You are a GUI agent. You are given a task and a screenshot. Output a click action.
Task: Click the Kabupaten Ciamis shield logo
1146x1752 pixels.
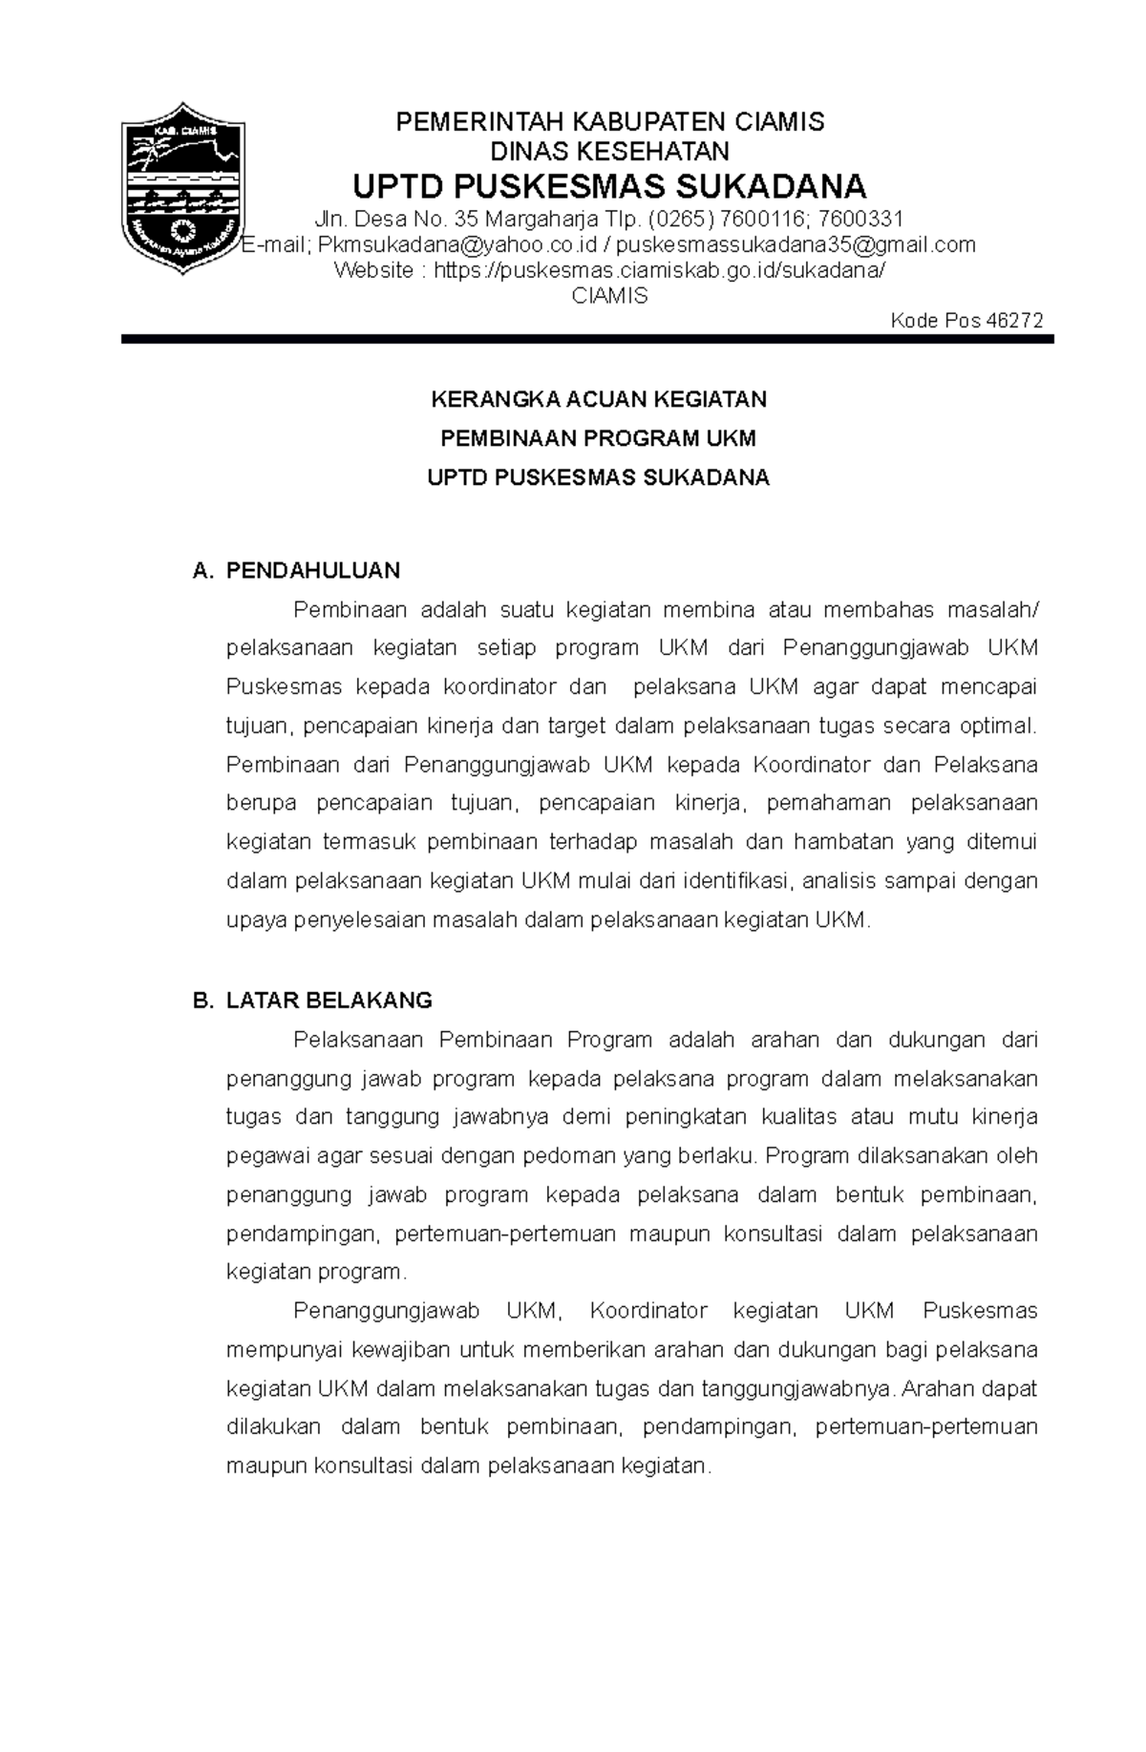pos(182,187)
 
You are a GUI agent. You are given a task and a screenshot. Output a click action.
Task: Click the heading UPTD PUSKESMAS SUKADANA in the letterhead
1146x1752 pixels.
pos(609,185)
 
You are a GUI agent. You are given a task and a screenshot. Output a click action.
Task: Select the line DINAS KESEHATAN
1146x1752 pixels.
pos(609,151)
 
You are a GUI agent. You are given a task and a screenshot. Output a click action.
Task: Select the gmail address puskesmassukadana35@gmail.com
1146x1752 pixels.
pos(797,245)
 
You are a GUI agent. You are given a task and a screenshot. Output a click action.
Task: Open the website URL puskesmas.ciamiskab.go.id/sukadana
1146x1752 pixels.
pos(660,270)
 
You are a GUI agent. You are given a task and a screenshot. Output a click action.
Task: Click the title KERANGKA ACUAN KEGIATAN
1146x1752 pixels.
pos(599,399)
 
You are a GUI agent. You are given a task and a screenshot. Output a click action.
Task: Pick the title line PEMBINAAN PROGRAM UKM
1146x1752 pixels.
pos(598,438)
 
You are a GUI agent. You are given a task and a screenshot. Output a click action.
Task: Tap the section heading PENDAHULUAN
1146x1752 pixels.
pos(313,571)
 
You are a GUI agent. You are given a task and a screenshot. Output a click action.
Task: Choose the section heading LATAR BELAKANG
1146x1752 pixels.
pos(329,1001)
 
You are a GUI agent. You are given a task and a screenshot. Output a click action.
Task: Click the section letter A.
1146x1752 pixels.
pos(200,571)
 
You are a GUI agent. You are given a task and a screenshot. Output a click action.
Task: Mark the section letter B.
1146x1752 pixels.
pos(200,1001)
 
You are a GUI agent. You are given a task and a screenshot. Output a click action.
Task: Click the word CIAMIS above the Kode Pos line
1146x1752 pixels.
pos(609,296)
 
